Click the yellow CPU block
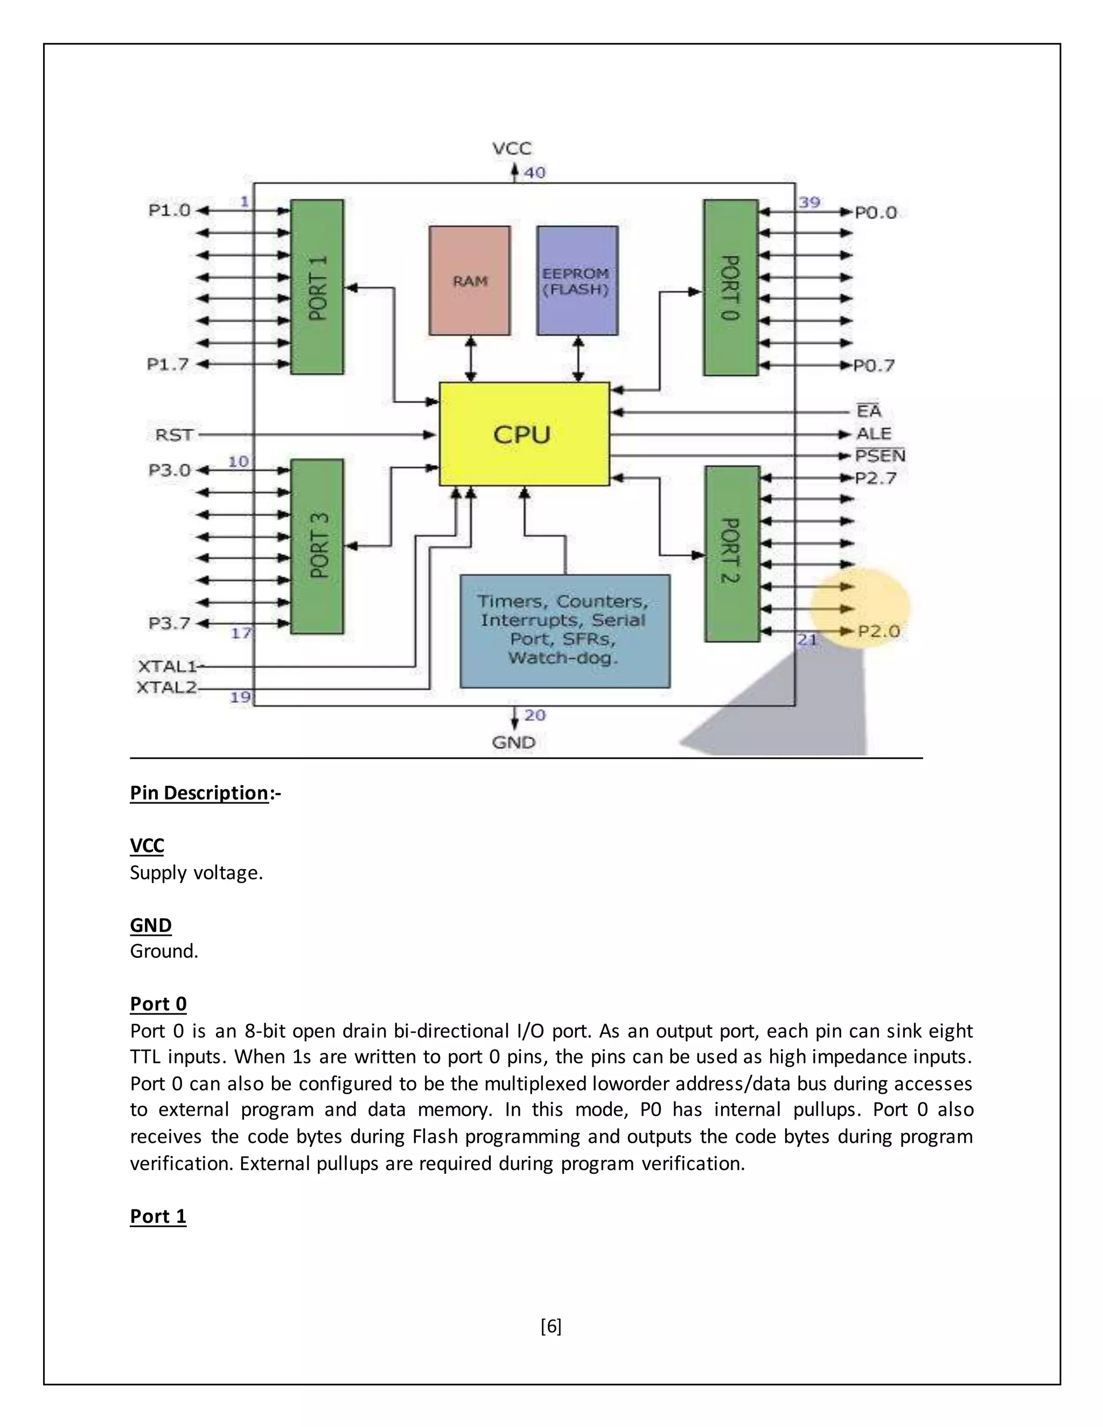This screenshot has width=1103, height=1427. (523, 434)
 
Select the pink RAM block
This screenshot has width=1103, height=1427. (469, 281)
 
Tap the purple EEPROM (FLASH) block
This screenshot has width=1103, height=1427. (577, 281)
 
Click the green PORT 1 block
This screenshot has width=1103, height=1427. (317, 287)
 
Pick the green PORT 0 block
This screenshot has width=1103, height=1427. (730, 288)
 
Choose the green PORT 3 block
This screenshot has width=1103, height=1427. (317, 546)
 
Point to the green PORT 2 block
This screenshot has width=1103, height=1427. (732, 554)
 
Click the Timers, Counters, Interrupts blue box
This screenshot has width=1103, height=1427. (564, 631)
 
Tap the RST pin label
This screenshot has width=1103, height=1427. (174, 435)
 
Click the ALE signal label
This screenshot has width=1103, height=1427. (874, 434)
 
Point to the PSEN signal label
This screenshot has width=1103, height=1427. (879, 456)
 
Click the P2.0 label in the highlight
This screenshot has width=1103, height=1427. (878, 631)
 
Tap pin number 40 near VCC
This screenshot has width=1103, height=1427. (534, 172)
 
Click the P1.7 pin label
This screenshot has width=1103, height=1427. (168, 364)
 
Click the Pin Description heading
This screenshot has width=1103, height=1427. (199, 793)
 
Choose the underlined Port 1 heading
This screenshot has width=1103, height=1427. (158, 1216)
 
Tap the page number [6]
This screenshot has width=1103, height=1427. (551, 1326)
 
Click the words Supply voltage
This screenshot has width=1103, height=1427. (196, 872)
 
